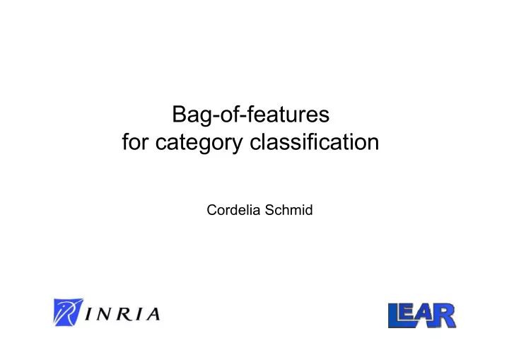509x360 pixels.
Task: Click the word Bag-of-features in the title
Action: pyautogui.click(x=250, y=115)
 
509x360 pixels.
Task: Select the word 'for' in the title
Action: pyautogui.click(x=135, y=142)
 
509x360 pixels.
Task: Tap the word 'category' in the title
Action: pyautogui.click(x=199, y=144)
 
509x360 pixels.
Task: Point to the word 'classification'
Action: pyautogui.click(x=314, y=142)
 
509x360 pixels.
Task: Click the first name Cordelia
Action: pyautogui.click(x=233, y=210)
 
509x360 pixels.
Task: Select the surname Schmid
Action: pyautogui.click(x=288, y=210)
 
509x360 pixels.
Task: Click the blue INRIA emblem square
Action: pyautogui.click(x=68, y=312)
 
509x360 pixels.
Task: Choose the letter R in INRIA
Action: pyautogui.click(x=123, y=314)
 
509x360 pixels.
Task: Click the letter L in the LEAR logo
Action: pyautogui.click(x=395, y=315)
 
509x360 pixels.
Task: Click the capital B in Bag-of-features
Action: pyautogui.click(x=179, y=114)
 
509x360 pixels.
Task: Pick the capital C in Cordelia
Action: pyautogui.click(x=212, y=210)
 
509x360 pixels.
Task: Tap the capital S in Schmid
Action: pyautogui.click(x=269, y=210)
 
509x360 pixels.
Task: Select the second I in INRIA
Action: pyautogui.click(x=138, y=314)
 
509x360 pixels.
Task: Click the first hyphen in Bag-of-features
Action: pyautogui.click(x=216, y=117)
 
